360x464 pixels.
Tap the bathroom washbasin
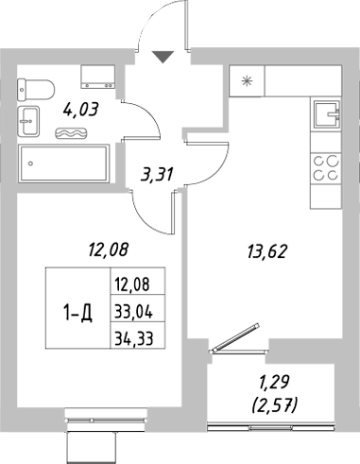point(29,120)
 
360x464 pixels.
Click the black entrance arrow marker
point(163,58)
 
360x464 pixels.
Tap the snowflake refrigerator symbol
point(248,80)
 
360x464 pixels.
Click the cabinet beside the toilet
point(97,76)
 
